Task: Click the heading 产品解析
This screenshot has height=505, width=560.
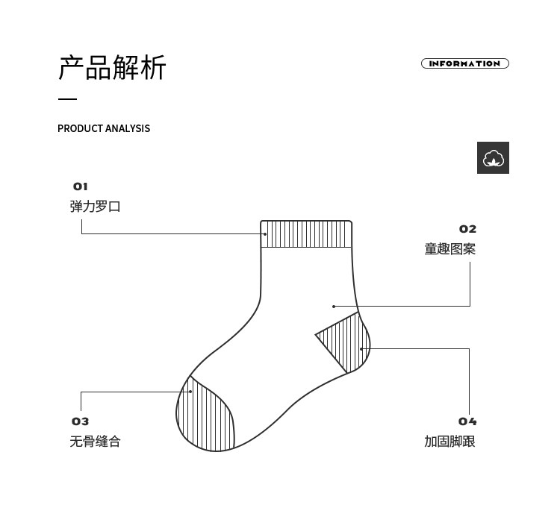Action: click(x=112, y=68)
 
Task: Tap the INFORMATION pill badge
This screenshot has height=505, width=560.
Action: click(x=464, y=63)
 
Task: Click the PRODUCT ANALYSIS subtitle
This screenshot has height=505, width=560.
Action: click(x=104, y=128)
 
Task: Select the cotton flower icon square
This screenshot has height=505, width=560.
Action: click(x=493, y=157)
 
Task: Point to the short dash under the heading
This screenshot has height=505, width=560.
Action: click(x=67, y=99)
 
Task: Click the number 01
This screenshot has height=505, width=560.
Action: click(x=80, y=186)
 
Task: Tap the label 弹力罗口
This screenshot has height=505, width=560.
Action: click(x=95, y=207)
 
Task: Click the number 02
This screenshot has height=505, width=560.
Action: click(x=467, y=229)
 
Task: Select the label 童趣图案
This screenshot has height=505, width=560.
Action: click(x=449, y=249)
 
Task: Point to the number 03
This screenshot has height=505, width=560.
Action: click(x=80, y=421)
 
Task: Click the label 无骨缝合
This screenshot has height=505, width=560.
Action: click(x=95, y=442)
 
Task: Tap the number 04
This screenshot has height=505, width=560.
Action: click(x=467, y=421)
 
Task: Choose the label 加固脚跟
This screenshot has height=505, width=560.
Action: click(x=449, y=442)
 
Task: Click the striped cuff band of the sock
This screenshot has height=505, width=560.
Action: click(x=306, y=234)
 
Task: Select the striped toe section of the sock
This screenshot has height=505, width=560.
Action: click(x=205, y=418)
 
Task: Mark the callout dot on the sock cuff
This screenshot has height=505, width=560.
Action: click(x=264, y=234)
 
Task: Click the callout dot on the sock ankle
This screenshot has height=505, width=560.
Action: click(x=334, y=307)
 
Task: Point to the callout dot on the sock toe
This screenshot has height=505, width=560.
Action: click(x=190, y=391)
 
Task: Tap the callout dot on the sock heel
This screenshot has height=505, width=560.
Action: click(x=361, y=348)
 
